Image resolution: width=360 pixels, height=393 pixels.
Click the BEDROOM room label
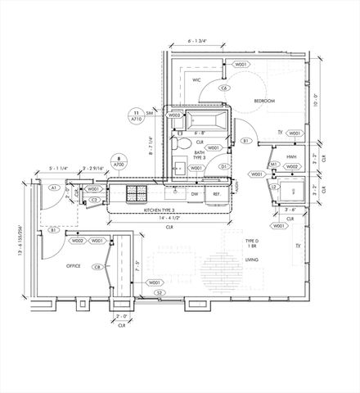pyautogui.click(x=264, y=100)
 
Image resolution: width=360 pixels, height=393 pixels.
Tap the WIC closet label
pyautogui.click(x=197, y=81)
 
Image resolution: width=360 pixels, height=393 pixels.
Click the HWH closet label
pyautogui.click(x=291, y=158)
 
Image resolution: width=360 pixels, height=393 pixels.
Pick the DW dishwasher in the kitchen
pyautogui.click(x=195, y=195)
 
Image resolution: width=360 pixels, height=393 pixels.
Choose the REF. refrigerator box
pyautogui.click(x=218, y=195)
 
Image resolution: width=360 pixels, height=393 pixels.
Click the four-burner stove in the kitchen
pyautogui.click(x=136, y=195)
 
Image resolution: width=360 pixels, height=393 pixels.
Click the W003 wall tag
pyautogui.click(x=174, y=115)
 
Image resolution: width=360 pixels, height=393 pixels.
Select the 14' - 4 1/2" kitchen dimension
pyautogui.click(x=170, y=219)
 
